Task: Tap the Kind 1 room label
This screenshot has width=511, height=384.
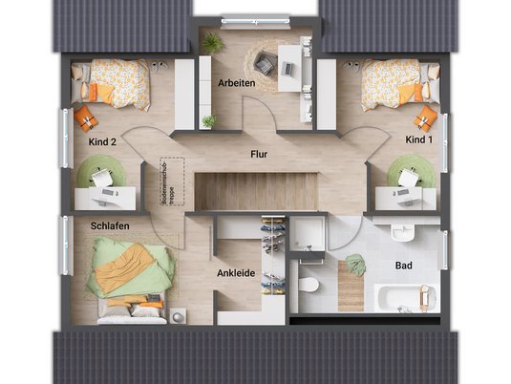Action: coord(418,140)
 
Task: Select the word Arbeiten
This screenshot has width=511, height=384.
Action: coord(235,83)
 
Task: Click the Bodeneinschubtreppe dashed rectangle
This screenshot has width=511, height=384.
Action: coord(171,181)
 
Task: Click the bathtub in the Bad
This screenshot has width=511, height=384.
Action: coord(407,297)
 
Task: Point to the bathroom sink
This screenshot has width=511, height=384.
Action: coord(402,233)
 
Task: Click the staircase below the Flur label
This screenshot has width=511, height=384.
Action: coord(255,190)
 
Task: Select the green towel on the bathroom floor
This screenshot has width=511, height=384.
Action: coord(356,265)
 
